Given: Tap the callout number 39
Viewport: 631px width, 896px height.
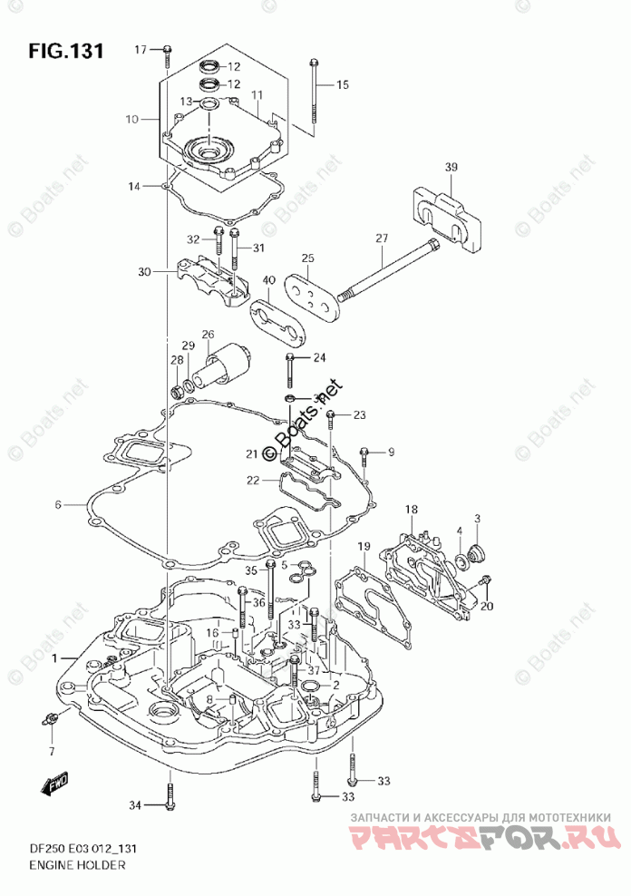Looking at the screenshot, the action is tap(451, 167).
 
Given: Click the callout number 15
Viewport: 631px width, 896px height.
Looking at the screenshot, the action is tap(342, 85).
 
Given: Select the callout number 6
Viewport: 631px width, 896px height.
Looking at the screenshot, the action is tap(57, 505).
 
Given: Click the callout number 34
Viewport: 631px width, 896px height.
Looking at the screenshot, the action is tap(135, 804).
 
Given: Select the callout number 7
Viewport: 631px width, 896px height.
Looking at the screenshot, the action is tap(51, 751).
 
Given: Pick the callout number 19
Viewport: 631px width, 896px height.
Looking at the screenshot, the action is tap(364, 546).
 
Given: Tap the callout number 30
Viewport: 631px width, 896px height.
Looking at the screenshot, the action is tap(145, 271).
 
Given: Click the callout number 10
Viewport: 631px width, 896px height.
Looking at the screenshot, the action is tap(131, 119).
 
